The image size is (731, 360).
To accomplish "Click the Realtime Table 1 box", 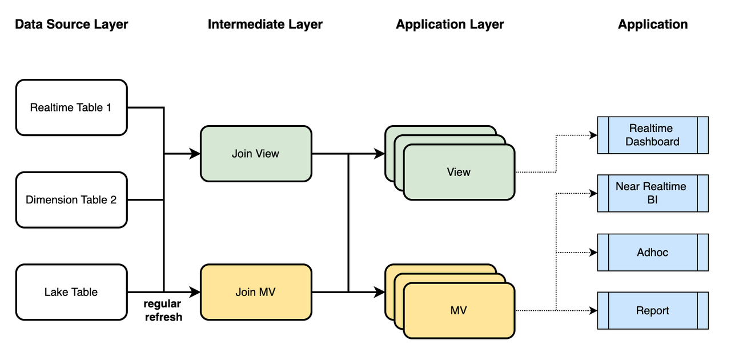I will pyautogui.click(x=71, y=107).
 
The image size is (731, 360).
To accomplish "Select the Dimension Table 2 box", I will pyautogui.click(x=71, y=199).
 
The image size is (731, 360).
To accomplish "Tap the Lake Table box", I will pyautogui.click(x=71, y=292).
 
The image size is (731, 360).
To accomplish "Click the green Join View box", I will pyautogui.click(x=255, y=154).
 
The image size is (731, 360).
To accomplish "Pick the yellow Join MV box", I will pyautogui.click(x=255, y=292).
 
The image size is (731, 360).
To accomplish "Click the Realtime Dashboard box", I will pyautogui.click(x=652, y=135).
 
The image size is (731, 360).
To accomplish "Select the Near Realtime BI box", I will pyautogui.click(x=652, y=193).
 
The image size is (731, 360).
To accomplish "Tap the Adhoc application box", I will pyautogui.click(x=652, y=252).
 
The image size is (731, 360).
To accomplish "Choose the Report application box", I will pyautogui.click(x=652, y=310).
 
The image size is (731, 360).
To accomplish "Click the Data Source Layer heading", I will pyautogui.click(x=71, y=25).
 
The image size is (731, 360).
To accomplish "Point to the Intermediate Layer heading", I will pyautogui.click(x=265, y=25).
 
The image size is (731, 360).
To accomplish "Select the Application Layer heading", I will pyautogui.click(x=450, y=25).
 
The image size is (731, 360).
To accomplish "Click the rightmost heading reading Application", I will pyautogui.click(x=653, y=25).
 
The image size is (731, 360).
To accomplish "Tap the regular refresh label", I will pyautogui.click(x=163, y=310).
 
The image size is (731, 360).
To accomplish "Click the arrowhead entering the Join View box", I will pyautogui.click(x=195, y=154).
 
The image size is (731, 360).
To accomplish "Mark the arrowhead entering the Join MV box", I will pyautogui.click(x=195, y=292).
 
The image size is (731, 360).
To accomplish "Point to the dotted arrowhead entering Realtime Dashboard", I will pyautogui.click(x=593, y=135).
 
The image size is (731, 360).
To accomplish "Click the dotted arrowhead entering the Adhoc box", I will pyautogui.click(x=593, y=252).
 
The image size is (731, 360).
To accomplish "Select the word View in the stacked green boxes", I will pyautogui.click(x=459, y=172).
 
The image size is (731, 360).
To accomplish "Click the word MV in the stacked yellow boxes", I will pyautogui.click(x=459, y=310).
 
